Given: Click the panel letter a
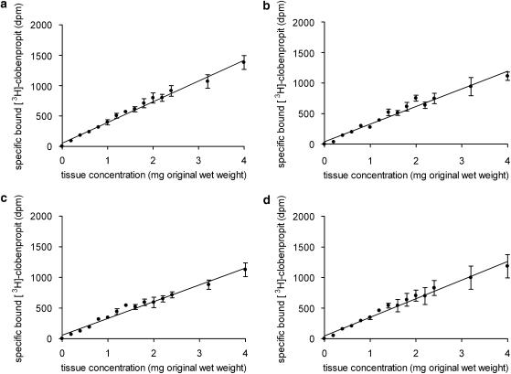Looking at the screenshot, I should [x=5, y=7].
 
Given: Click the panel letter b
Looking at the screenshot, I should [x=267, y=7].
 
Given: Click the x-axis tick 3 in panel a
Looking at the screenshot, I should [x=198, y=155].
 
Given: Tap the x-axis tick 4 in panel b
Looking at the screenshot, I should [x=506, y=155].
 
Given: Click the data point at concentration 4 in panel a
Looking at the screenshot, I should [x=244, y=61].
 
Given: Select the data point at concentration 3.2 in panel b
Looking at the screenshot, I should [x=470, y=87].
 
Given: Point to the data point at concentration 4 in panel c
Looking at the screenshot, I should [x=244, y=269].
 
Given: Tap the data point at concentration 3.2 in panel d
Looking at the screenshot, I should [x=470, y=276].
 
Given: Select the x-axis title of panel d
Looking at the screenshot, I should [x=415, y=363].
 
